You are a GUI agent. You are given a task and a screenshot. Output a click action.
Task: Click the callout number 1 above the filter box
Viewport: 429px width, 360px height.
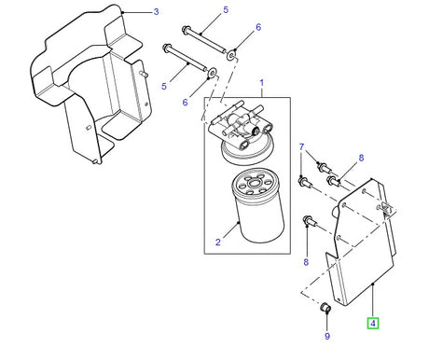[x=262, y=82]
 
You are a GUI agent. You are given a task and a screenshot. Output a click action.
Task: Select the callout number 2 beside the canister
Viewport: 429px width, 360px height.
[x=216, y=242]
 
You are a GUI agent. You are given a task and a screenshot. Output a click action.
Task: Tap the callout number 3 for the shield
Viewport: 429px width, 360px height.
[x=156, y=12]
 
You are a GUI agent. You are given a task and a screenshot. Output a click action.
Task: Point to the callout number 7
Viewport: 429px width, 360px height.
[x=301, y=148]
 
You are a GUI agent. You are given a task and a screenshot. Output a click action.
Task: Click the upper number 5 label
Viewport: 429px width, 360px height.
[x=225, y=11]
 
